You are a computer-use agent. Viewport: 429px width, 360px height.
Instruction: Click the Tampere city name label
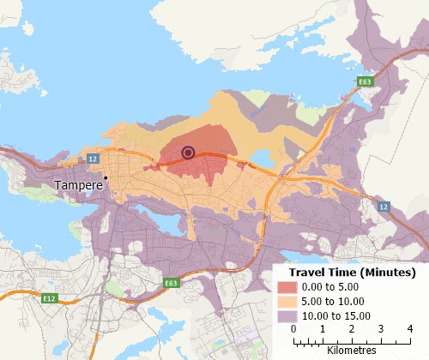coord(76,185)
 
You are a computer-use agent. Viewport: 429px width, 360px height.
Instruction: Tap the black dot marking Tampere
coord(106,178)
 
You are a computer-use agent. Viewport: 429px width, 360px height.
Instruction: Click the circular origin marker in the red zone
coord(189,153)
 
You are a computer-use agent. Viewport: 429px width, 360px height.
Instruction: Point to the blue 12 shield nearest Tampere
coord(93,159)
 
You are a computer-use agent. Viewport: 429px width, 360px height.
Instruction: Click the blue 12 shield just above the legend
coord(384,207)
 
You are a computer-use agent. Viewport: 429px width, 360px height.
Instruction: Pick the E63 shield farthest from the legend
coord(365,82)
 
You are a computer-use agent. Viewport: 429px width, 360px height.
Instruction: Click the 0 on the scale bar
coord(293,329)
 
